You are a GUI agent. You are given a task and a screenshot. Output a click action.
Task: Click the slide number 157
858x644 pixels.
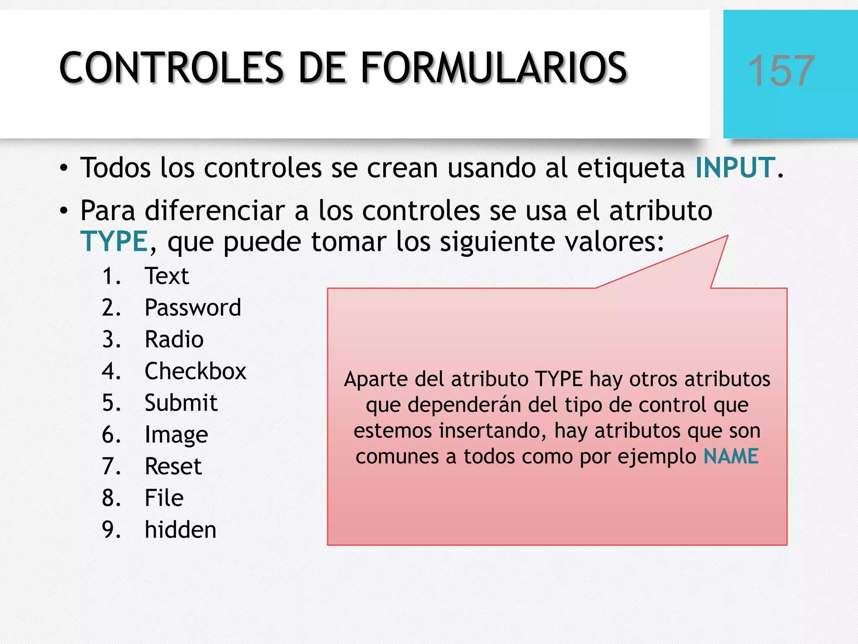point(781,71)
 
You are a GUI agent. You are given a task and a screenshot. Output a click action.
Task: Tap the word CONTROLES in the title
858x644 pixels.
point(172,68)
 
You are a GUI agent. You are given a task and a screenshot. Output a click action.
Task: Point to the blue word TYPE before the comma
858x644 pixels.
point(114,242)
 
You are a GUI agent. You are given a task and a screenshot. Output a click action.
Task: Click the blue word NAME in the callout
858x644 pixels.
point(731,456)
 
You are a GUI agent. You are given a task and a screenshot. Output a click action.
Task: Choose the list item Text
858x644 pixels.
point(167,276)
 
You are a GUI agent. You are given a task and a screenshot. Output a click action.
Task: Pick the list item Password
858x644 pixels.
point(193,308)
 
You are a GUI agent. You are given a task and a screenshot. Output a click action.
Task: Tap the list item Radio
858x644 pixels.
point(174,340)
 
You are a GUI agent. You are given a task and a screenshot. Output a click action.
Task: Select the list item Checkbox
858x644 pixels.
point(195,371)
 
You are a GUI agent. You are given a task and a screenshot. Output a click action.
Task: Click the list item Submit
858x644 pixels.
point(181,403)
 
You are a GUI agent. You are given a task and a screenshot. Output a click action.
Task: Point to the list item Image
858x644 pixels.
point(176,435)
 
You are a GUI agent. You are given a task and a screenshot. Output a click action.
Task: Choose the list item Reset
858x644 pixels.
point(173,467)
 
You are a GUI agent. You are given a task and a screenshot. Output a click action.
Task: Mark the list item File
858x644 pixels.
point(164,498)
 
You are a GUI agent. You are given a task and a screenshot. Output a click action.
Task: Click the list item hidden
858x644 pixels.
point(181,530)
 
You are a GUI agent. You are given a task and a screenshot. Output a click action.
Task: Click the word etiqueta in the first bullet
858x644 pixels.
point(631,168)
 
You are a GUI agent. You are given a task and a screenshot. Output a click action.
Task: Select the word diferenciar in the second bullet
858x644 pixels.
point(214,210)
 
